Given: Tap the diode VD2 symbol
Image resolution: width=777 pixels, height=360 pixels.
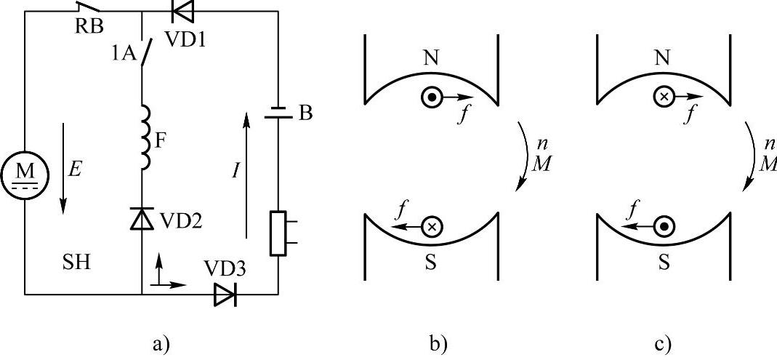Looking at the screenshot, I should [141, 217].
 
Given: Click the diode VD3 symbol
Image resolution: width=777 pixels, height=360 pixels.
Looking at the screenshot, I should [225, 295].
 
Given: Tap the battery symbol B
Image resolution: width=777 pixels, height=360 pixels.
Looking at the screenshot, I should [278, 113].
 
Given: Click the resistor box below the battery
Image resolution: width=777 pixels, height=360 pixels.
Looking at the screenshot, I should [278, 233].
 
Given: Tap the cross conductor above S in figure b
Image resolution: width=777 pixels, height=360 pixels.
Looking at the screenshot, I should [431, 227].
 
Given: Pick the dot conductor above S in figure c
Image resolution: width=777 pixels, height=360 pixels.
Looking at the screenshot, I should [663, 227].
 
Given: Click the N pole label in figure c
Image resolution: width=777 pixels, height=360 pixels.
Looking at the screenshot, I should [662, 59].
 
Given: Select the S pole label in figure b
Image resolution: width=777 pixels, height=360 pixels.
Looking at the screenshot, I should [431, 262].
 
